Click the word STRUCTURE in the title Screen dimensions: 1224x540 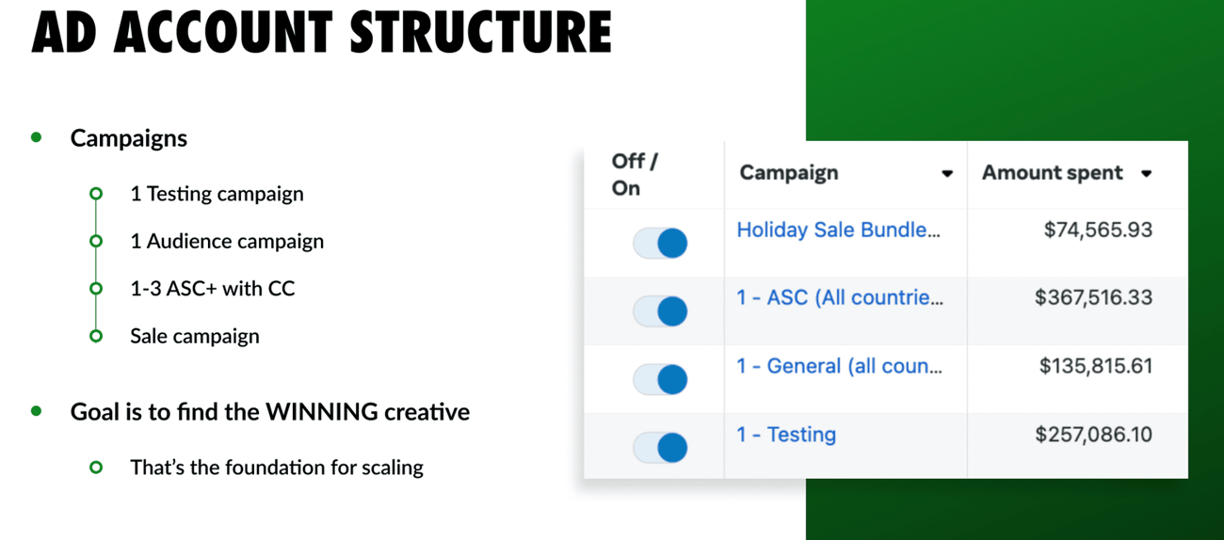pos(481,32)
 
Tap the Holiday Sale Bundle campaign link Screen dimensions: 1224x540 pos(838,230)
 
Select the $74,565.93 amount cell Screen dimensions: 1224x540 pos(1098,230)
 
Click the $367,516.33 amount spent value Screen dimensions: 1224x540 pos(1093,297)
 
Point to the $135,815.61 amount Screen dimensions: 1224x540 pos(1096,366)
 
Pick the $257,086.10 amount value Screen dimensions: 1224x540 pos(1093,435)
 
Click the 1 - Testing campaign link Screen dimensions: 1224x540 pos(786,435)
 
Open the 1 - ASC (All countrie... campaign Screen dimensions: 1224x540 pos(840,297)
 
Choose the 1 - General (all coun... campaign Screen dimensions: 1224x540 pos(839,366)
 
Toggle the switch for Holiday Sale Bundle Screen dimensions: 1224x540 pos(660,243)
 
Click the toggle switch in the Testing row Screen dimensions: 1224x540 pos(660,448)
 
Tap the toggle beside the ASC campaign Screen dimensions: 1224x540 pos(660,311)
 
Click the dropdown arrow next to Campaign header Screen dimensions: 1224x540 pos(947,174)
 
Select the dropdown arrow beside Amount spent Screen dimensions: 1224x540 pos(1147,174)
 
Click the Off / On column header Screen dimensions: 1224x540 pos(635,175)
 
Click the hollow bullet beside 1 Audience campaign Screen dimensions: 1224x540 pos(96,241)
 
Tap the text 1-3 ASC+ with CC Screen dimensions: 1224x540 pos(213,288)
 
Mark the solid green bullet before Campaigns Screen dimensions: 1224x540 pos(37,137)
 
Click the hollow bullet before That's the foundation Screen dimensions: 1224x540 pos(96,468)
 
